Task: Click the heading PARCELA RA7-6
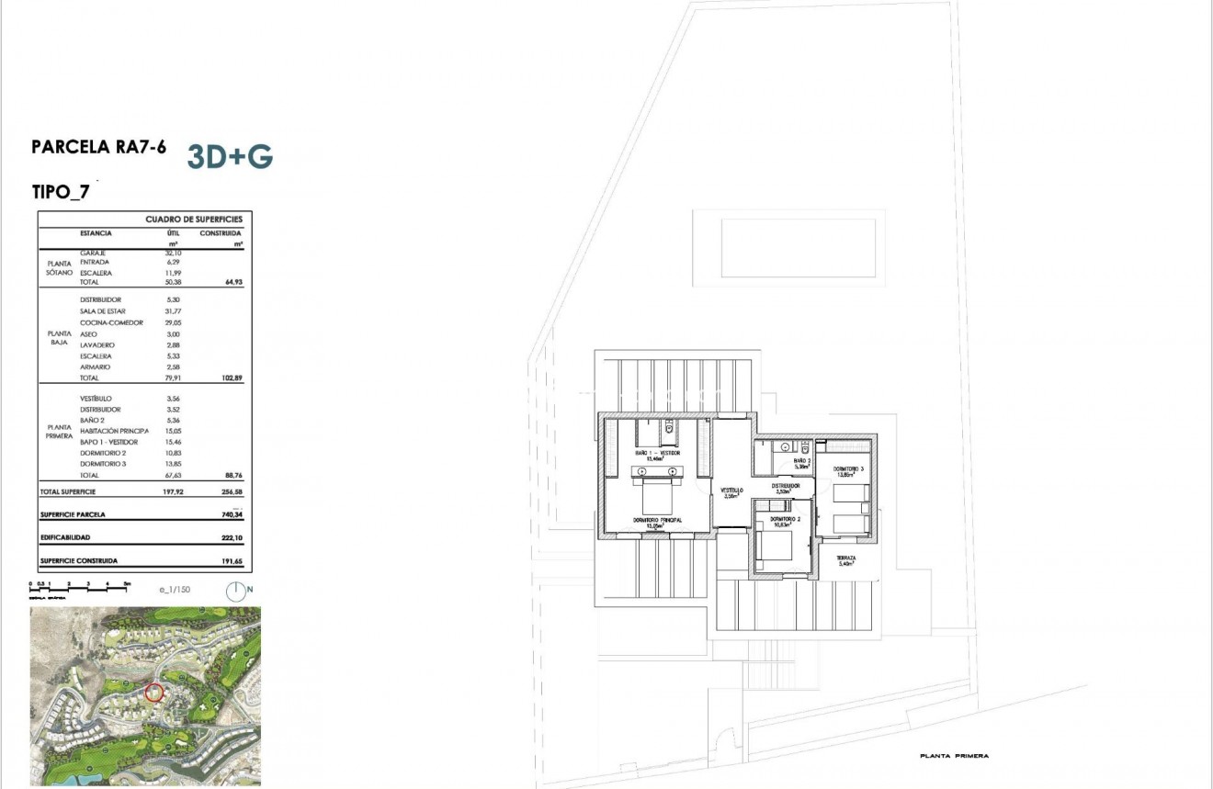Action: coord(98,147)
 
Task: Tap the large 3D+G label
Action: coord(230,157)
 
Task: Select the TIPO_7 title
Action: coord(61,192)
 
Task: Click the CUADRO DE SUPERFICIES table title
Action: coord(193,220)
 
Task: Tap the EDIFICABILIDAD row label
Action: coord(65,537)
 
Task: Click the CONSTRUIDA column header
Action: coord(221,233)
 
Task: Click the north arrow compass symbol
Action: coord(236,592)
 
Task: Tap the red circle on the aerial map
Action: coord(153,693)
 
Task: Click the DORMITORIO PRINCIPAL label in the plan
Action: coord(657,521)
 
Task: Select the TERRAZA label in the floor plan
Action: coord(845,558)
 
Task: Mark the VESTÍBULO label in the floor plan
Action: coord(731,490)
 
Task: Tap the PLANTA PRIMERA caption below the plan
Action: coord(954,756)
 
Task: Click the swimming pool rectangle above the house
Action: coord(797,246)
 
